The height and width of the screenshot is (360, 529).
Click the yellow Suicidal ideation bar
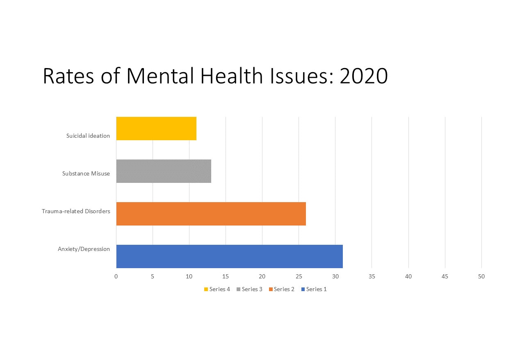click(156, 128)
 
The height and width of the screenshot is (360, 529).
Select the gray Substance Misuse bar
click(164, 171)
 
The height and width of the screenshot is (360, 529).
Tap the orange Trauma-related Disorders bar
click(211, 214)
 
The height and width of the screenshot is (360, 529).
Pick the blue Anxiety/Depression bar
click(229, 256)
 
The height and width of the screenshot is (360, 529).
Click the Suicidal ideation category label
click(88, 136)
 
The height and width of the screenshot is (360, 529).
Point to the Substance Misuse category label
click(86, 173)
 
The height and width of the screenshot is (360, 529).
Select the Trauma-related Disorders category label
click(76, 211)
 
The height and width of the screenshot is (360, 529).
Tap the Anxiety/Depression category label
click(84, 249)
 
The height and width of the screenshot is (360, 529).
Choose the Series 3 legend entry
click(250, 289)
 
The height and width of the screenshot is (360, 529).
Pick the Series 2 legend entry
click(282, 289)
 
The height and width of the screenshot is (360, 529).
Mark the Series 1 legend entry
click(314, 289)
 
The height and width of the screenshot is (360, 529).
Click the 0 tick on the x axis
click(116, 276)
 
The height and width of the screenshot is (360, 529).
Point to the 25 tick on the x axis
click(299, 276)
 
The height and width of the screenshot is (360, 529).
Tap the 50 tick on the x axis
click(481, 276)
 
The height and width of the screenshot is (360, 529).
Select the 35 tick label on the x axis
click(372, 276)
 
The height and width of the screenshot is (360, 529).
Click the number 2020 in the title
click(363, 76)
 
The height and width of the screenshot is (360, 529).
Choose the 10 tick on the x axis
click(189, 276)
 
